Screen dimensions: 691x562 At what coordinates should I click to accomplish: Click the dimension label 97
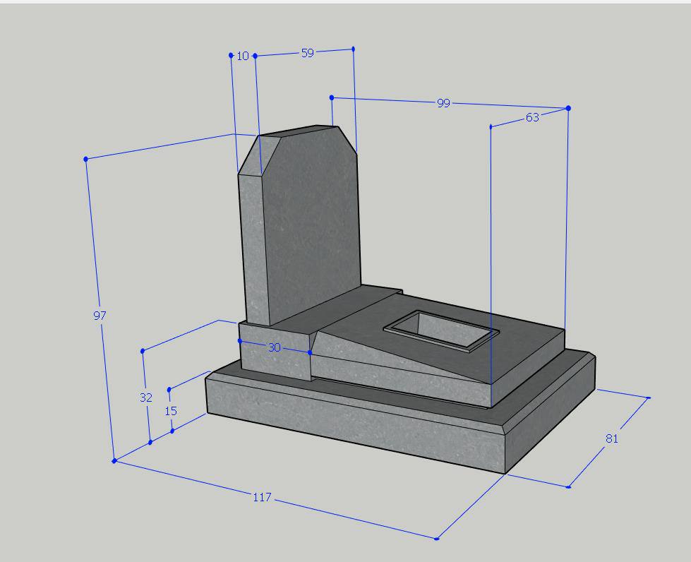[100, 316]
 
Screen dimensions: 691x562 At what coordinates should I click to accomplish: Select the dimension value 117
[262, 497]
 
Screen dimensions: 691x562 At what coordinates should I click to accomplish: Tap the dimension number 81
[612, 438]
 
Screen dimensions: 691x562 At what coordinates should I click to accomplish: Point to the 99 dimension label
[443, 103]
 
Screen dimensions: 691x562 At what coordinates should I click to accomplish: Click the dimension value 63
[532, 118]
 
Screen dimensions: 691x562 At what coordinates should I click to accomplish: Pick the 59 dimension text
[308, 53]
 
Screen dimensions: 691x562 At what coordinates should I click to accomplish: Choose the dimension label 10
[243, 56]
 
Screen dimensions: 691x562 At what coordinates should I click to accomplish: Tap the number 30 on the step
[274, 348]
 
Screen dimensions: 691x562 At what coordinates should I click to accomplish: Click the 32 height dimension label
[146, 397]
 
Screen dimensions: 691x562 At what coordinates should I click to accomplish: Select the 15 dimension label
[171, 411]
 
